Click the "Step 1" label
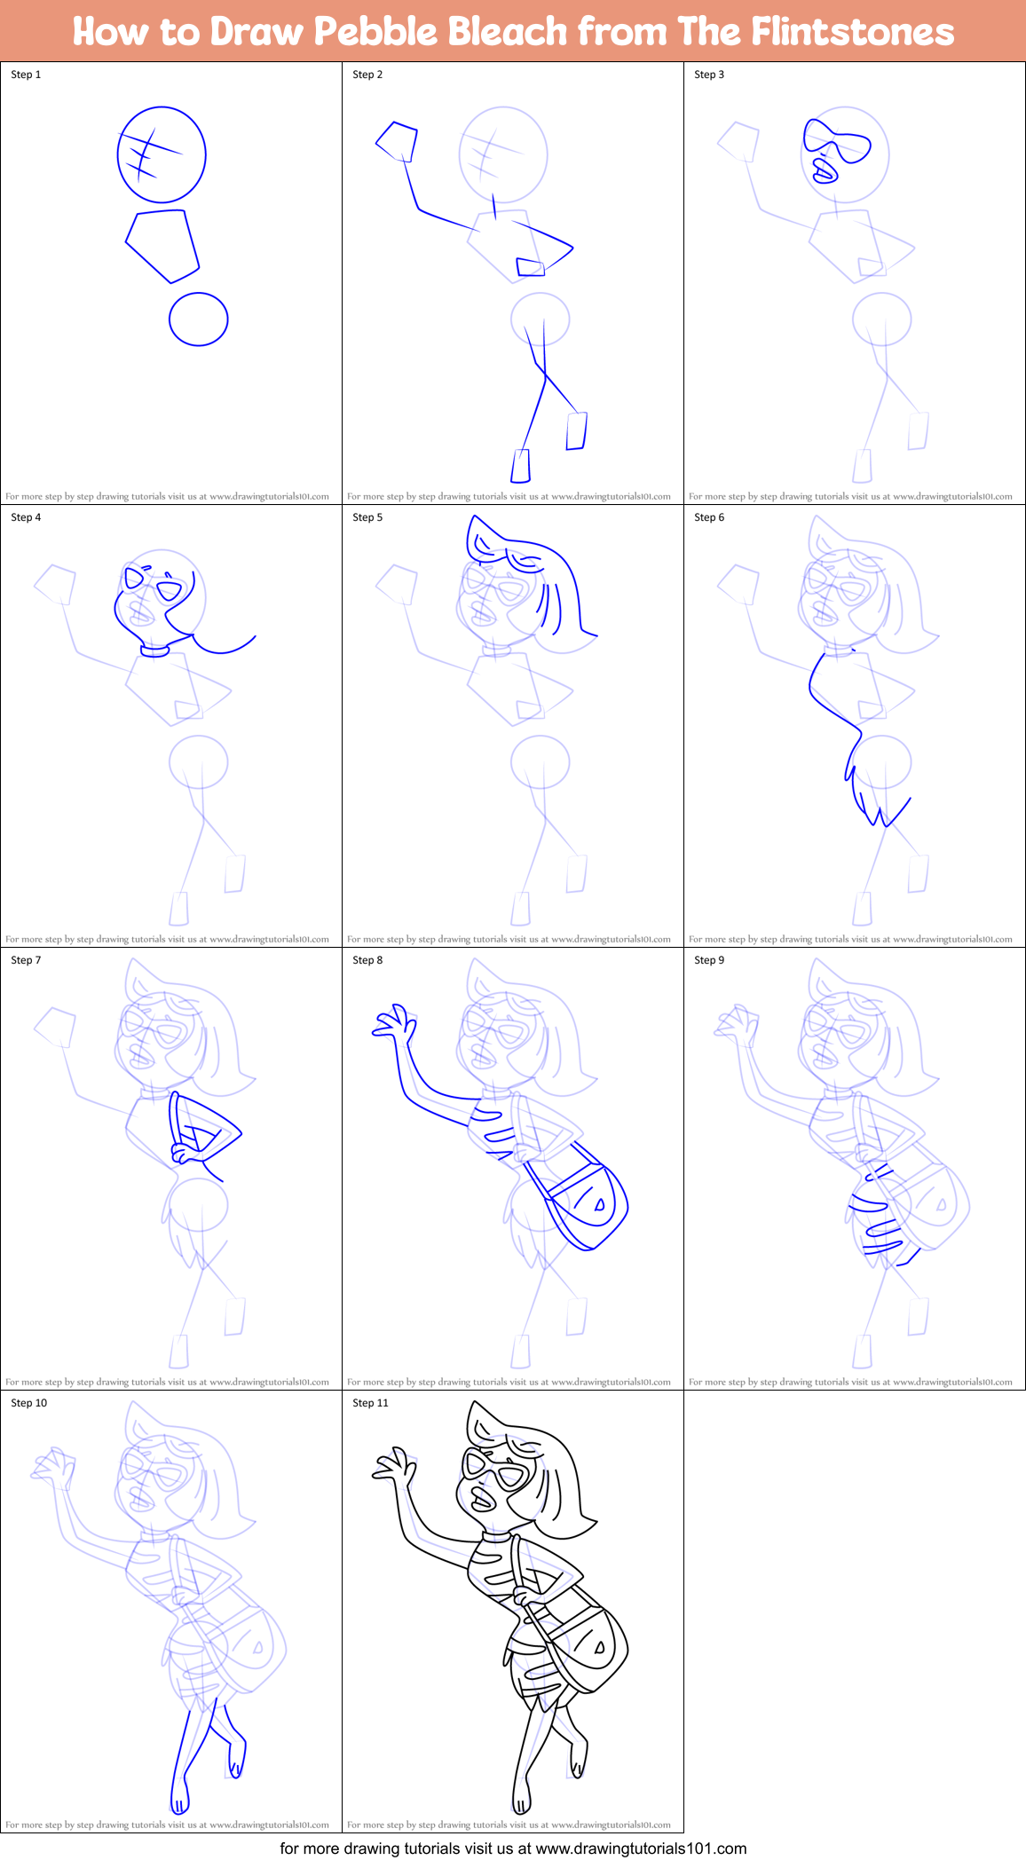[26, 75]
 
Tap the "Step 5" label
[367, 517]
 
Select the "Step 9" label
[709, 960]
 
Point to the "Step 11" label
[370, 1403]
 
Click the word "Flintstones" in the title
[852, 32]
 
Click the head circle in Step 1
[162, 154]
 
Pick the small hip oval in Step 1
[199, 319]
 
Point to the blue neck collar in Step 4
[154, 651]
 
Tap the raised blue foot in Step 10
[237, 1758]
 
